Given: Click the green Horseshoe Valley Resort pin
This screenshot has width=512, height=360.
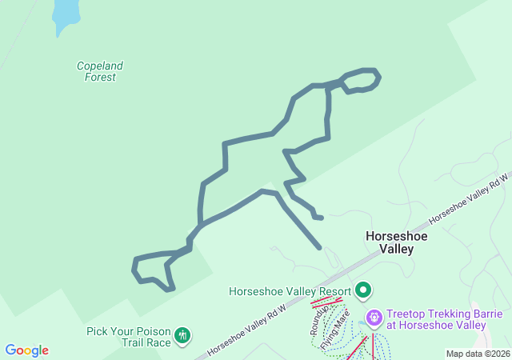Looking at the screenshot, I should click(364, 290).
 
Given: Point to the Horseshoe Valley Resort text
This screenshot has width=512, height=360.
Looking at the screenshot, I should click(290, 291).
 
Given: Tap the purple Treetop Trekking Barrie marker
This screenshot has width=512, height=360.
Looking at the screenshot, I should click(374, 318).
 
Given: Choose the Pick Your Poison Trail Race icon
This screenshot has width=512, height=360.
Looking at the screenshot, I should click(183, 335).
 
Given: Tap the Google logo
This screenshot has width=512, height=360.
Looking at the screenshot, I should click(26, 350).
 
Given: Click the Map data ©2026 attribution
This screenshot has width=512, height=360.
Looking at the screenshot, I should click(478, 354).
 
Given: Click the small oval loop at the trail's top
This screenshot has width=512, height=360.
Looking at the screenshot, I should click(362, 80).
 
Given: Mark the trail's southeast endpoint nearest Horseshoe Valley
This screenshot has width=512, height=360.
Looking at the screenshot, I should click(319, 248).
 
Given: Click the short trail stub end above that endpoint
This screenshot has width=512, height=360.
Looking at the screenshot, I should click(321, 217).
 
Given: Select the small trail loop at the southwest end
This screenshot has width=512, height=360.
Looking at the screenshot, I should click(152, 270).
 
